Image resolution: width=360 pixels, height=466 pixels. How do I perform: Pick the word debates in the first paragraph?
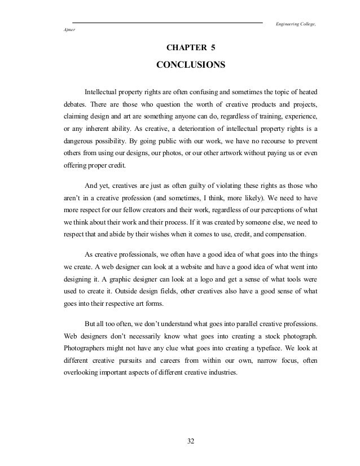pyautogui.click(x=74, y=104)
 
